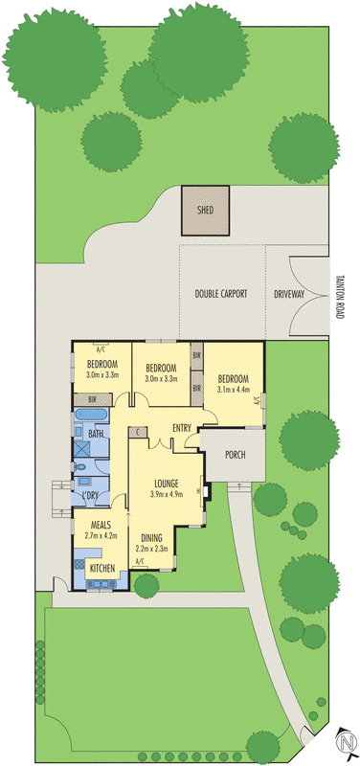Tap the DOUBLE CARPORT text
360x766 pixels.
pyautogui.click(x=221, y=294)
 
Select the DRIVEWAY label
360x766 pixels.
pyautogui.click(x=289, y=294)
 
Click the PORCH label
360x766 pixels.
pyautogui.click(x=235, y=455)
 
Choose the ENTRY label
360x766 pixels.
pyautogui.click(x=185, y=427)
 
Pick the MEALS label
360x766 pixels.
pyautogui.click(x=102, y=525)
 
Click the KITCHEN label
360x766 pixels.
pyautogui.click(x=102, y=569)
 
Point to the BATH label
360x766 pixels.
pyautogui.click(x=96, y=434)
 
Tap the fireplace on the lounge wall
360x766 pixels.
pyautogui.click(x=206, y=492)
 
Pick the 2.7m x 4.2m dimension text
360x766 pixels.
pyautogui.click(x=102, y=536)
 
